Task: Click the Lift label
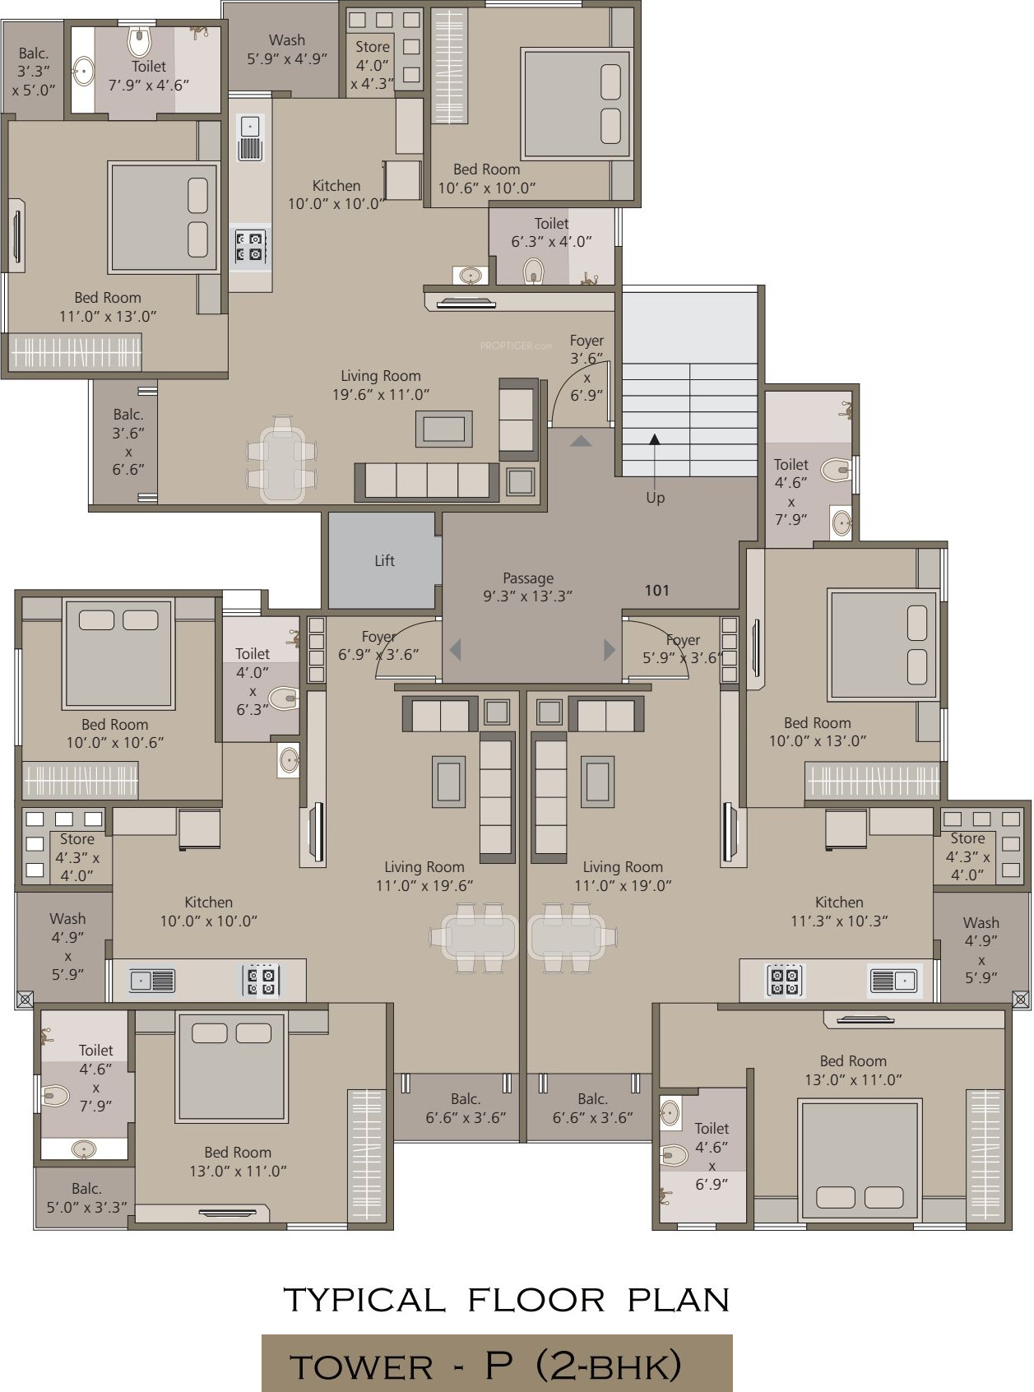tap(384, 560)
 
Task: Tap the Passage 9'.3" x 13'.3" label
tap(527, 587)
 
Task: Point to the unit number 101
tap(656, 590)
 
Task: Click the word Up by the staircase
tap(655, 498)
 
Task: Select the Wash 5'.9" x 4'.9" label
tap(287, 49)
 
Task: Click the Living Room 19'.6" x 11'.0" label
tap(381, 385)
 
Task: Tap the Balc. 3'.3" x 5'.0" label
tap(33, 72)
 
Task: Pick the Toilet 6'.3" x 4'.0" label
tap(551, 232)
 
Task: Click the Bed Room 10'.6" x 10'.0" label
tap(486, 179)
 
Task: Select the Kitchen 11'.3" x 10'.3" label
tap(839, 912)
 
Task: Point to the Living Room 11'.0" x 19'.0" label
tap(623, 876)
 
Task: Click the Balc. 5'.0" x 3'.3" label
tap(86, 1198)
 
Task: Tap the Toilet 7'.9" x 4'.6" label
tap(149, 76)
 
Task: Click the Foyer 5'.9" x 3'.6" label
tap(683, 649)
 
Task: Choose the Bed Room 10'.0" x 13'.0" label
tap(818, 731)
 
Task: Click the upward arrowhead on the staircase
tap(655, 439)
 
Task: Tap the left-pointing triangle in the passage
tap(456, 650)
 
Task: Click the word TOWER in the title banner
tap(361, 1367)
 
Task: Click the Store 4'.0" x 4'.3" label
tap(373, 65)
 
